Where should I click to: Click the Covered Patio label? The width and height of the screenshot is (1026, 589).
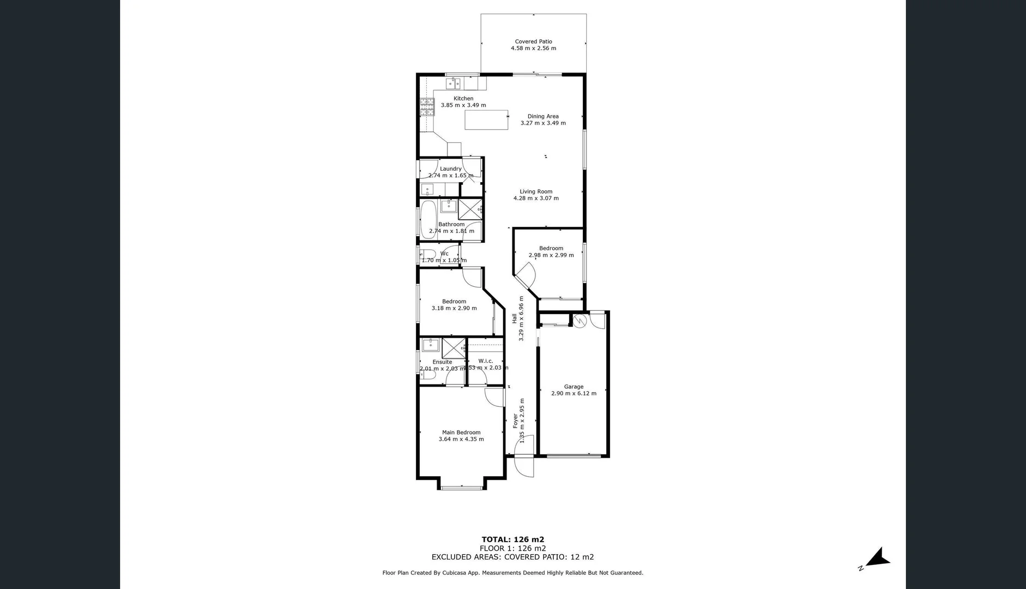coord(533,41)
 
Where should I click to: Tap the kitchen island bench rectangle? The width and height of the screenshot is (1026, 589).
coord(486,120)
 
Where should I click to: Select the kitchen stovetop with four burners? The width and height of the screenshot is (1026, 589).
coord(427,107)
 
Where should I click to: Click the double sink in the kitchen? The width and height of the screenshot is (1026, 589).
coord(453,83)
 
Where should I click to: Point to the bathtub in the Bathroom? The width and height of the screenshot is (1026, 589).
coord(428,219)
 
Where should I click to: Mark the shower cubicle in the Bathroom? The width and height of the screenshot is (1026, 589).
coord(470,209)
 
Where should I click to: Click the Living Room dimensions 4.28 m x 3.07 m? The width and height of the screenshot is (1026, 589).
coord(536,199)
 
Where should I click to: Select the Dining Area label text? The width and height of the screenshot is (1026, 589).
coord(542,116)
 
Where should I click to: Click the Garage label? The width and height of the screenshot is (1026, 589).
coord(574,387)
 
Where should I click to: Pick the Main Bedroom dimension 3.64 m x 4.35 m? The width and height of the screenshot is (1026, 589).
coord(461,439)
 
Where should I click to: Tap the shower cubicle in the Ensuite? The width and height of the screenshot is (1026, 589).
coord(454,347)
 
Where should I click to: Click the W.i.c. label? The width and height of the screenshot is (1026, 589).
coord(485,361)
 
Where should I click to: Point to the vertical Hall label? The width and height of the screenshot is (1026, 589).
coord(514,318)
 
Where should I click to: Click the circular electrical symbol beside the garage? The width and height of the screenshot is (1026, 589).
coord(580,321)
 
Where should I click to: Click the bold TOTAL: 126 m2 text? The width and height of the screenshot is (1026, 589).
coord(512,539)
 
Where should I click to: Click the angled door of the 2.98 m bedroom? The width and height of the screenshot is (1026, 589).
coord(526,276)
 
